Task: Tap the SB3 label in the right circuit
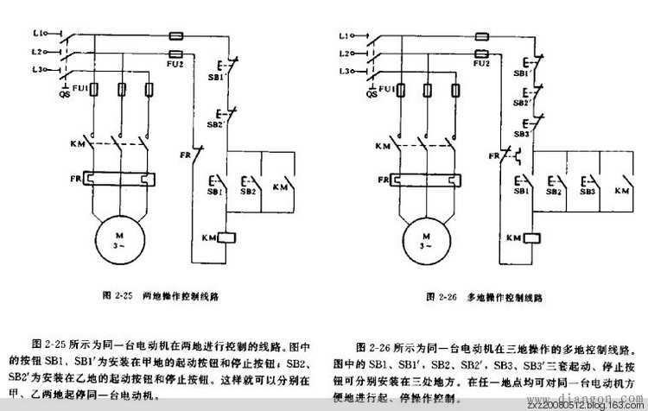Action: point(589,192)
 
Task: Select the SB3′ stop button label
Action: point(521,135)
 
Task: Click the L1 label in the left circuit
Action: point(37,34)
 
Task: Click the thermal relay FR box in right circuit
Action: point(425,179)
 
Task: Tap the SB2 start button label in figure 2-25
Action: point(248,191)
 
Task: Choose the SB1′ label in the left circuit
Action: point(217,75)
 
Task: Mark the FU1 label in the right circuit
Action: point(385,89)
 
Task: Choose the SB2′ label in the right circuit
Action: point(521,102)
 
